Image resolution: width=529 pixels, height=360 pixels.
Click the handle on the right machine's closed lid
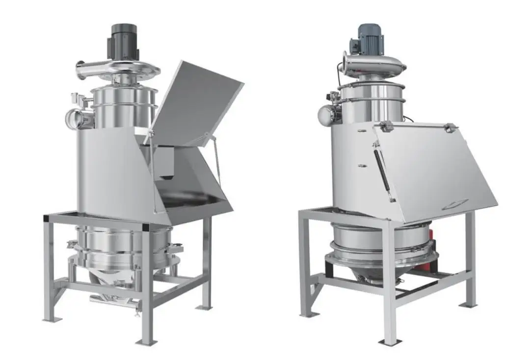[x=454, y=206]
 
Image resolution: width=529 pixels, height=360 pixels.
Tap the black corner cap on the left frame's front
[x=147, y=227]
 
